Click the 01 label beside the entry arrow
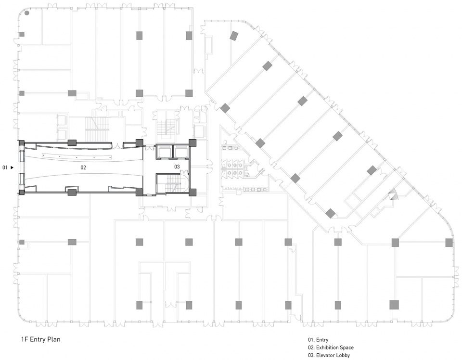[x=5, y=167]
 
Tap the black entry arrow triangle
[x=12, y=167]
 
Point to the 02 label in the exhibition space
[x=83, y=167]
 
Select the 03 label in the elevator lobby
[x=177, y=167]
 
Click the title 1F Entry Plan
[x=40, y=339]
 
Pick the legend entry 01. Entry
[x=318, y=340]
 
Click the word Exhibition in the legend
[x=327, y=347]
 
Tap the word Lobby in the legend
[x=343, y=355]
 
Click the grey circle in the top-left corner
[x=27, y=13]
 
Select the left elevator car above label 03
[x=164, y=151]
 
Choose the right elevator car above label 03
[x=180, y=151]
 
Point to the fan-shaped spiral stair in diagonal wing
[x=393, y=194]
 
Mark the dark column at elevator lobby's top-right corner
[x=192, y=142]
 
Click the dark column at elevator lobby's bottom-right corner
[x=192, y=193]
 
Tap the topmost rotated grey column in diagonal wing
[x=234, y=36]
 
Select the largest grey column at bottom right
[x=394, y=305]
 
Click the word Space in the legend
[x=347, y=347]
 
